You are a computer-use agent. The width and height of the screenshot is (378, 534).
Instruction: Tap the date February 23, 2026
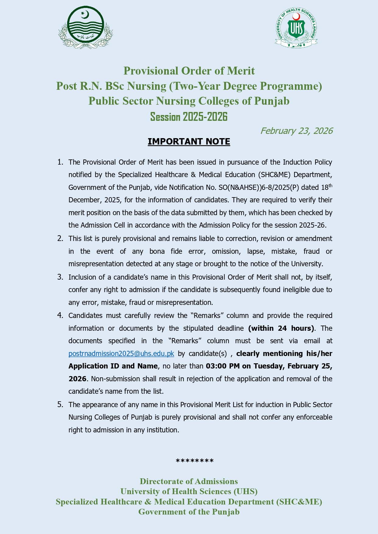coord(296,131)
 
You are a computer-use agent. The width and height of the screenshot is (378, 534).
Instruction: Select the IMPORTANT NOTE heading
coord(189,142)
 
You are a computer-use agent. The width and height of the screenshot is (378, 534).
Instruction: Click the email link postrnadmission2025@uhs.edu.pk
coord(121,354)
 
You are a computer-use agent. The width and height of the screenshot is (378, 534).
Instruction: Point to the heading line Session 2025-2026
coord(189,117)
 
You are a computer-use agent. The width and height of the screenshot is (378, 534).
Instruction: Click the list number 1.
coord(60,162)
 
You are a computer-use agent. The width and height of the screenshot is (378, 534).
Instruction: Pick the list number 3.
coord(60,277)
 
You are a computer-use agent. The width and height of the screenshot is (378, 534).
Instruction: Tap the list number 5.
coord(60,405)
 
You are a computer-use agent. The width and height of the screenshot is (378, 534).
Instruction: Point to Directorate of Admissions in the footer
coord(189,481)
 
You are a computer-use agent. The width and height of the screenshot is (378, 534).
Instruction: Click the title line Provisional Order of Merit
coord(189,71)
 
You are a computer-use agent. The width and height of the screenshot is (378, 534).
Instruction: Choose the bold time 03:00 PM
coord(223,366)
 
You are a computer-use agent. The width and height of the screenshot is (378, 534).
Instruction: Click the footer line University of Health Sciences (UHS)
coord(189,491)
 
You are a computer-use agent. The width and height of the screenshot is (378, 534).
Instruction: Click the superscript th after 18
coord(330,185)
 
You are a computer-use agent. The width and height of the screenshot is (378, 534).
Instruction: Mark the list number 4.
coord(60,316)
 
